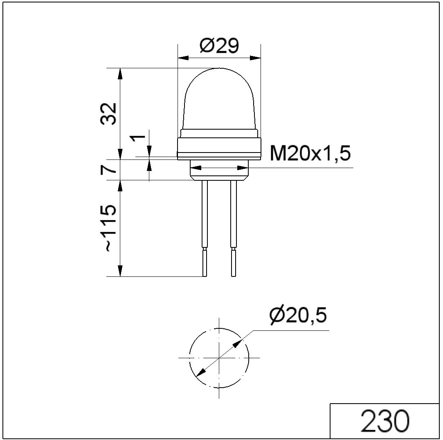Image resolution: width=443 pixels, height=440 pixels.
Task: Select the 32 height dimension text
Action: [x=108, y=114]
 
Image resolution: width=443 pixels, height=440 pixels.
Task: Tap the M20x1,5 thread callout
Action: [x=310, y=153]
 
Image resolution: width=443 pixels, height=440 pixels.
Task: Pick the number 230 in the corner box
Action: [x=385, y=421]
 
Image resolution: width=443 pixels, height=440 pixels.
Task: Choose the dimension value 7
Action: [x=108, y=169]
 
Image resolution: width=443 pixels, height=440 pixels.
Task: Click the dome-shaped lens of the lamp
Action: [x=219, y=99]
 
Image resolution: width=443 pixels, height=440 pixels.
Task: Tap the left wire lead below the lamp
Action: [x=205, y=214]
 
